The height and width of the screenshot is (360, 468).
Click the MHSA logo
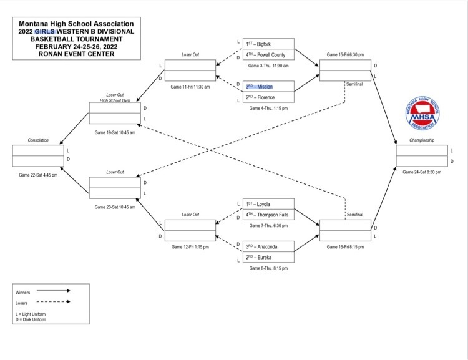click(422, 113)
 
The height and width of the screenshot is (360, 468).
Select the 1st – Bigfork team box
click(268, 44)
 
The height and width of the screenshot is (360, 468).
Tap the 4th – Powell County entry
click(268, 55)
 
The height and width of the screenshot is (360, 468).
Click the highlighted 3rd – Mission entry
click(268, 87)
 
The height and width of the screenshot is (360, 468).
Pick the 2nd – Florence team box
click(268, 97)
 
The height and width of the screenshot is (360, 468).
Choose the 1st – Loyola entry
click(268, 204)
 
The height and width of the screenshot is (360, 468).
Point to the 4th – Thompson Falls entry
click(268, 215)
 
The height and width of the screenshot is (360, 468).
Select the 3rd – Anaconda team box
click(268, 246)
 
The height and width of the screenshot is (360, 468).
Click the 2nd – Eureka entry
click(268, 257)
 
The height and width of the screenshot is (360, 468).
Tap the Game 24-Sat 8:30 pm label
click(422, 172)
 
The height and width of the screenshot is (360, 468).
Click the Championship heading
click(422, 140)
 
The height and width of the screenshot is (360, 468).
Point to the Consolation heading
click(38, 140)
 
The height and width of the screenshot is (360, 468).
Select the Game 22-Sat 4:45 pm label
click(38, 175)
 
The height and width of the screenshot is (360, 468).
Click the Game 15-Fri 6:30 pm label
click(345, 55)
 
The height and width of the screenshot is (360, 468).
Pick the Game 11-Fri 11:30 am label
click(190, 87)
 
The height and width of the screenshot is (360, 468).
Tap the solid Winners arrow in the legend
click(54, 291)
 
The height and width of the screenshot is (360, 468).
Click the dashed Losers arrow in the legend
click(54, 301)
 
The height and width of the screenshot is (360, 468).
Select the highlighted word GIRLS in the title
click(45, 32)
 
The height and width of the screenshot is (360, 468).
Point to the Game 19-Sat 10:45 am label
click(115, 132)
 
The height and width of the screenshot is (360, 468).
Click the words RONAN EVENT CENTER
click(76, 54)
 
